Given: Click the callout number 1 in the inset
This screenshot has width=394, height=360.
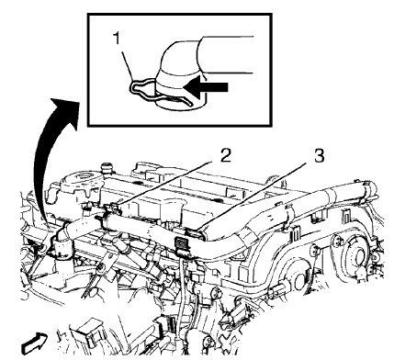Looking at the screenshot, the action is tap(117, 39).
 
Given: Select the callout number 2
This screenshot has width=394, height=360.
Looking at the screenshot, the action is tap(225, 156).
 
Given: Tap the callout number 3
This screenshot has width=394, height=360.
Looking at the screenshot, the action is tap(319, 156).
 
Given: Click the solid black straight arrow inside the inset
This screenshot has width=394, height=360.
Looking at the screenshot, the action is tap(206, 87).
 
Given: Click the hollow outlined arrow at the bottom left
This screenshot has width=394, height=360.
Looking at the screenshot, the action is tap(35, 343).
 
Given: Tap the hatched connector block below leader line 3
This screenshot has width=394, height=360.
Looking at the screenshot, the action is tap(182, 242).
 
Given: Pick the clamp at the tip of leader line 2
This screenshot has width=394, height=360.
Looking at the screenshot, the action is tap(112, 208).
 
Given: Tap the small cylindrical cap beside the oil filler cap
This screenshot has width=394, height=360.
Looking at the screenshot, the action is tap(106, 169).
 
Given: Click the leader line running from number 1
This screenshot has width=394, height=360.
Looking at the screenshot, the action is tap(127, 64).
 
